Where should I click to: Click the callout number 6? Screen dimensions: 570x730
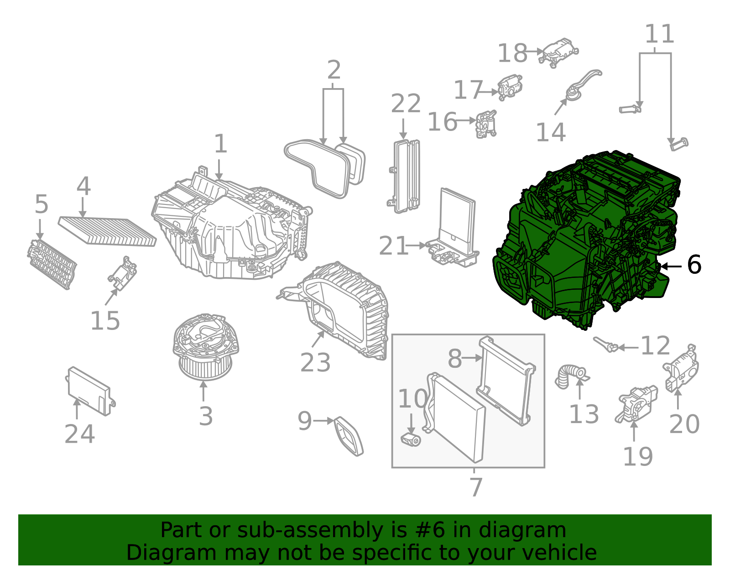click(x=694, y=265)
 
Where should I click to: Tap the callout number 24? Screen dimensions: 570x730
click(x=79, y=434)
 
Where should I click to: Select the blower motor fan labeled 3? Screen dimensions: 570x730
click(x=205, y=347)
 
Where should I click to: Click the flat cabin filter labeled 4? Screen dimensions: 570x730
click(x=108, y=231)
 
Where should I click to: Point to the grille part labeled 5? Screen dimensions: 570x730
click(x=51, y=264)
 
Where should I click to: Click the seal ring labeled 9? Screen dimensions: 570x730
click(x=349, y=436)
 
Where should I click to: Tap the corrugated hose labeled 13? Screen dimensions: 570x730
click(x=568, y=376)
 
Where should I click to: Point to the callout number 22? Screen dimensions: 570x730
click(x=406, y=104)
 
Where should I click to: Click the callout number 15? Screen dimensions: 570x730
click(x=105, y=321)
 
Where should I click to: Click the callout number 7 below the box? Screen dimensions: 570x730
click(x=475, y=487)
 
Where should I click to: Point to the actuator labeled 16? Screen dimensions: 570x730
click(x=486, y=123)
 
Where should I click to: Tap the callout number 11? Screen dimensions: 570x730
click(x=659, y=34)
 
